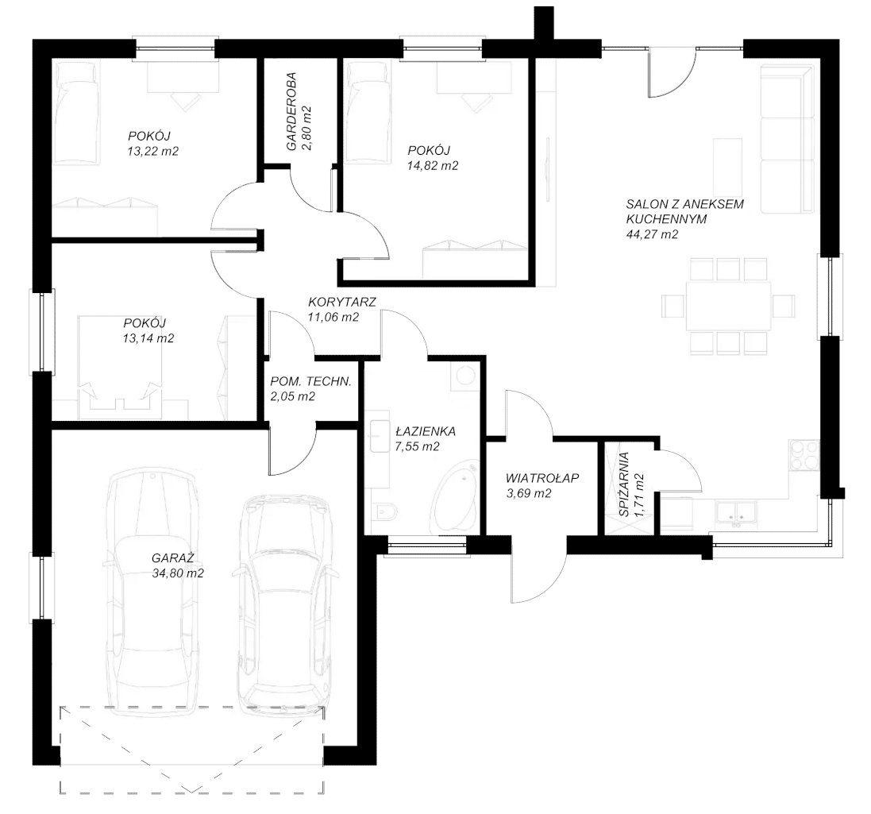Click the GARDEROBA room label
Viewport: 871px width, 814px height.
tap(291, 111)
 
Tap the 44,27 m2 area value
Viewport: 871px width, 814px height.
tap(652, 234)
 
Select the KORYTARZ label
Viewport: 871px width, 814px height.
tap(342, 303)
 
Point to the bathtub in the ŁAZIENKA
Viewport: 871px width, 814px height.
tap(454, 496)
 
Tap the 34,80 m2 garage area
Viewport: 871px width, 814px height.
tap(178, 573)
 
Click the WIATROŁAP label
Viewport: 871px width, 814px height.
tap(542, 478)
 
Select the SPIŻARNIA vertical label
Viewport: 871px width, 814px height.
tap(624, 484)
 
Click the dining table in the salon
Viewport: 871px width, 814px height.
tap(728, 307)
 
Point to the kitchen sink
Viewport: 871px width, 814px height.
tap(737, 512)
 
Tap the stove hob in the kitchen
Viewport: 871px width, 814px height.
tap(804, 455)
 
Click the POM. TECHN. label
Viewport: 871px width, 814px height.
tap(310, 381)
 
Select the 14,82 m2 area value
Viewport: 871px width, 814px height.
tap(433, 165)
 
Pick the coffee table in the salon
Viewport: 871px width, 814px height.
tap(727, 164)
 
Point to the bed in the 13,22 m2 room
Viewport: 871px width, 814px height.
tap(77, 113)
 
